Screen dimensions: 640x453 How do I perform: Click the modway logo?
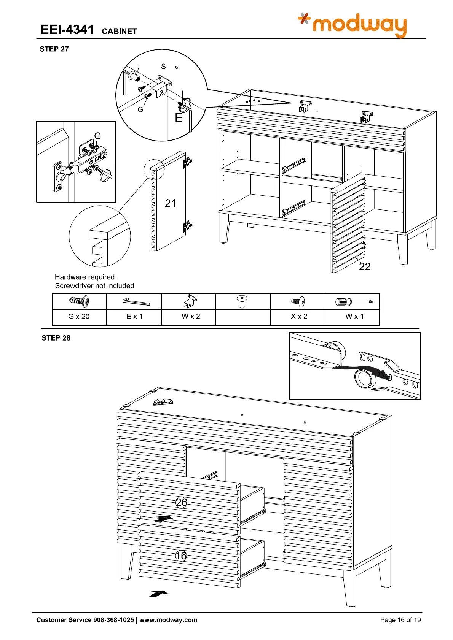(353, 25)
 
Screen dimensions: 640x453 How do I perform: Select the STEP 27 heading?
(54, 49)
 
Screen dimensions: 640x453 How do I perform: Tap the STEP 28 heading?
(56, 338)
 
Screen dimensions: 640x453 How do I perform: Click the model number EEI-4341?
(67, 30)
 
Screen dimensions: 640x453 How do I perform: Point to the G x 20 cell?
(79, 317)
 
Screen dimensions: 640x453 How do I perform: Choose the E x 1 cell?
(134, 317)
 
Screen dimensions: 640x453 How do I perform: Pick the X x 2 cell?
(299, 317)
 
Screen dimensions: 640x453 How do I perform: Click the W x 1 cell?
(354, 317)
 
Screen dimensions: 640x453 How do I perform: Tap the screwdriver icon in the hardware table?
(354, 302)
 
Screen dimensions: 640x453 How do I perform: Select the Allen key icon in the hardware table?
(136, 302)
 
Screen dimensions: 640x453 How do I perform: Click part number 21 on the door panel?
(170, 203)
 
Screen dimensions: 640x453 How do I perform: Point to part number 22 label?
(365, 266)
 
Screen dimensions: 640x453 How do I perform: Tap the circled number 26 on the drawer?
(181, 502)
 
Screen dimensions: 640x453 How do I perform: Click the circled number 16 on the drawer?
(181, 556)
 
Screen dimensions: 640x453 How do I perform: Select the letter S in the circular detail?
(163, 67)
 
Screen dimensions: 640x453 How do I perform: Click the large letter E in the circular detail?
(179, 118)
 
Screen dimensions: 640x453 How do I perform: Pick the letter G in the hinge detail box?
(97, 136)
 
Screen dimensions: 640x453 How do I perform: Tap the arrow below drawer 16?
(158, 593)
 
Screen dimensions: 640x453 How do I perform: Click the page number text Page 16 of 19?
(400, 620)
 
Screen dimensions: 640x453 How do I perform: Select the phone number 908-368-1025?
(113, 620)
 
